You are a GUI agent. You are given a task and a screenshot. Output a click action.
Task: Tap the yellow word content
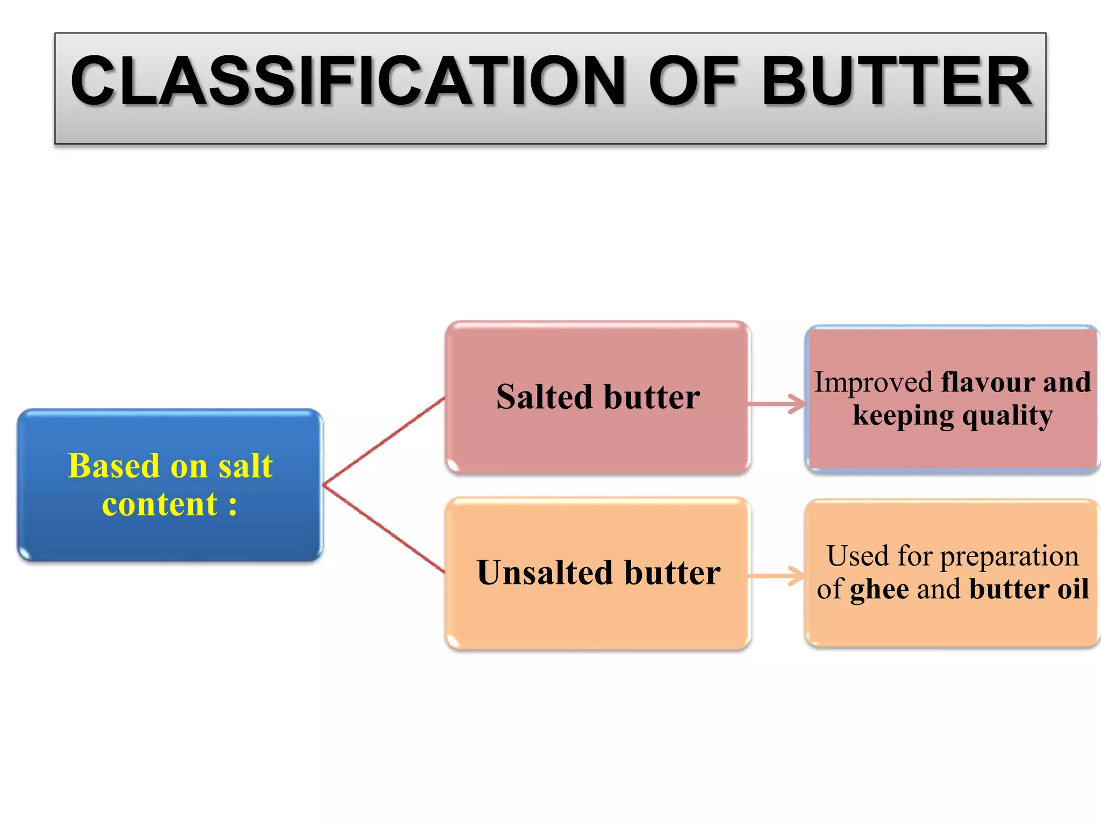point(160,504)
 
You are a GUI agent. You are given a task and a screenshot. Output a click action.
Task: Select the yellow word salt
point(246,466)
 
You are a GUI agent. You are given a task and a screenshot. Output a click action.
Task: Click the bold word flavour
point(988,382)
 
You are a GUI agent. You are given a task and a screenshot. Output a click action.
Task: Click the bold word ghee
point(880,589)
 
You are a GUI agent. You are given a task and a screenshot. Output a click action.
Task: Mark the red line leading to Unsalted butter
point(384,529)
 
